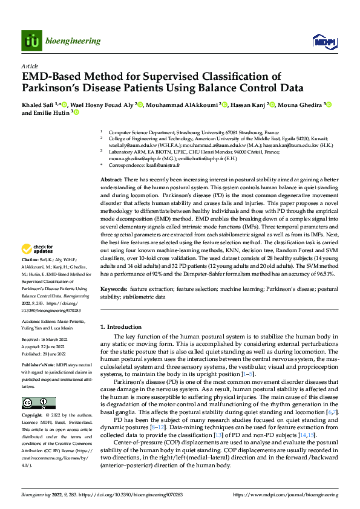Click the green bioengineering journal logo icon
[x=31, y=41]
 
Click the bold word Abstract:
[x=111, y=180]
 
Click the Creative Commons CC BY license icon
[x=38, y=403]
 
